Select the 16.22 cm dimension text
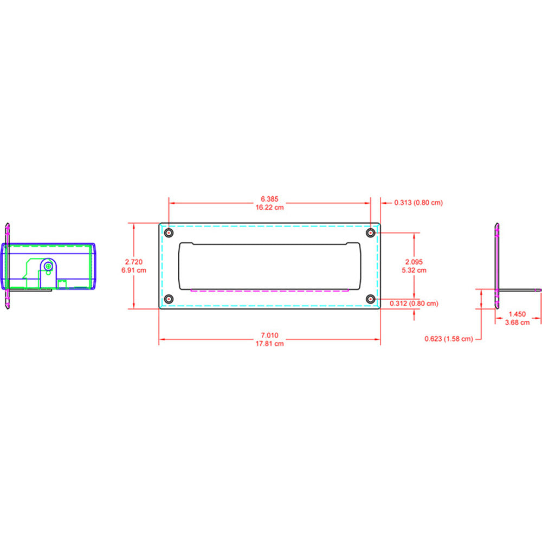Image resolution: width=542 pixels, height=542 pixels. click(269, 207)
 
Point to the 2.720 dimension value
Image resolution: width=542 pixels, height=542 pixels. click(133, 262)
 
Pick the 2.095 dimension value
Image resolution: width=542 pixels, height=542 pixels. click(415, 262)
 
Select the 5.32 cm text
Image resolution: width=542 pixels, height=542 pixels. click(415, 269)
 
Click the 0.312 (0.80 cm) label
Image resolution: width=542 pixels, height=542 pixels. click(414, 304)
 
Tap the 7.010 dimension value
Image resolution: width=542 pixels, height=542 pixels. click(269, 335)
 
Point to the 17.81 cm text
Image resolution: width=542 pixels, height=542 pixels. click(269, 343)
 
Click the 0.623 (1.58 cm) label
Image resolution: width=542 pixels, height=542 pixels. click(449, 339)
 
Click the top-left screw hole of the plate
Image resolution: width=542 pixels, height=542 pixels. click(169, 233)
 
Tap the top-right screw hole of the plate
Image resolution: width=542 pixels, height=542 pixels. click(370, 233)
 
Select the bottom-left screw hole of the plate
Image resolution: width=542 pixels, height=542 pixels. click(169, 299)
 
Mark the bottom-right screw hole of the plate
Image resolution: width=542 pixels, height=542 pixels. click(370, 299)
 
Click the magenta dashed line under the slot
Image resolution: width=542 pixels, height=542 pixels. click(269, 291)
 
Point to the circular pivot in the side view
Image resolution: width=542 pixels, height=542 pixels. click(49, 266)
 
